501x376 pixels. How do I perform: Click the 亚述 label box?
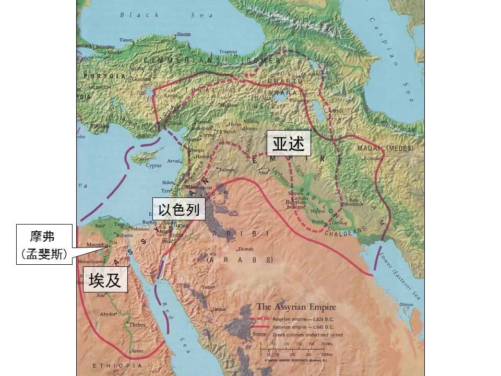(x=289, y=144)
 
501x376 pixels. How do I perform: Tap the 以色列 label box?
(x=179, y=210)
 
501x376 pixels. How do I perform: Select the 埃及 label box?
(x=105, y=280)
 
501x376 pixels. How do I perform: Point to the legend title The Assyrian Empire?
(x=296, y=307)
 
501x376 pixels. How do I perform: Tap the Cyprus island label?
(x=153, y=166)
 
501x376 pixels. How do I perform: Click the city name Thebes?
(x=137, y=324)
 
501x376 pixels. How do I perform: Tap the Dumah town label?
(x=246, y=249)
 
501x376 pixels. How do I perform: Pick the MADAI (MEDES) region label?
(x=378, y=148)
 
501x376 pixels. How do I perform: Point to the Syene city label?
(x=137, y=351)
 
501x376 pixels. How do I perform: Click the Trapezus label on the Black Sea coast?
(x=228, y=52)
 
